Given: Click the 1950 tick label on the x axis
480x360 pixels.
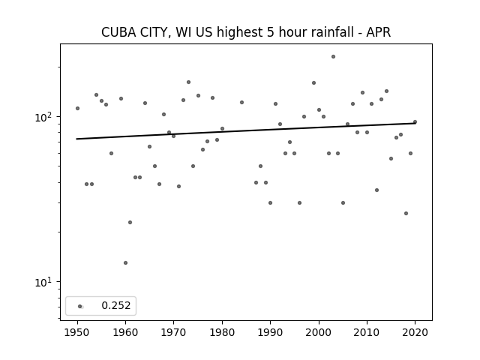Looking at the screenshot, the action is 77,332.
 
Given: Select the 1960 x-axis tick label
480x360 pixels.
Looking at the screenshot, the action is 125,332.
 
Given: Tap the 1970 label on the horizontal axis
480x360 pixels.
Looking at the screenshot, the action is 174,332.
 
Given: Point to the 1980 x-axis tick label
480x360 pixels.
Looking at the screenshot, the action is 222,332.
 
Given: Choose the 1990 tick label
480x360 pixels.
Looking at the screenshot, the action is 270,332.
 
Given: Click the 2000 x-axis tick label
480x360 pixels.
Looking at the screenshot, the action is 319,332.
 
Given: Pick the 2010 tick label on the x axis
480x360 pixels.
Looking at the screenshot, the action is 367,332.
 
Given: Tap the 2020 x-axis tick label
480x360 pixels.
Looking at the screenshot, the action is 415,332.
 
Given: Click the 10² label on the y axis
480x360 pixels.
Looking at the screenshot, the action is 45,117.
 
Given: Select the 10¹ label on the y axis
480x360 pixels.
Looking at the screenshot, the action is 45,282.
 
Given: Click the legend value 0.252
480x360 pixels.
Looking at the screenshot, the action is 116,305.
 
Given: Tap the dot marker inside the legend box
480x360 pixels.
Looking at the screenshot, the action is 80,306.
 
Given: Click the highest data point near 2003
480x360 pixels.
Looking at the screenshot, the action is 333,57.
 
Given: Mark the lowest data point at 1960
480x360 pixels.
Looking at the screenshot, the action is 125,263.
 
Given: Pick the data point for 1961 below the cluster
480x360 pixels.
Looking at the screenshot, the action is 130,222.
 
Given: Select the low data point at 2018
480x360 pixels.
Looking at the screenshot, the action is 406,213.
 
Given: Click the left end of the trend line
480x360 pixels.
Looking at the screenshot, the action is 76,139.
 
